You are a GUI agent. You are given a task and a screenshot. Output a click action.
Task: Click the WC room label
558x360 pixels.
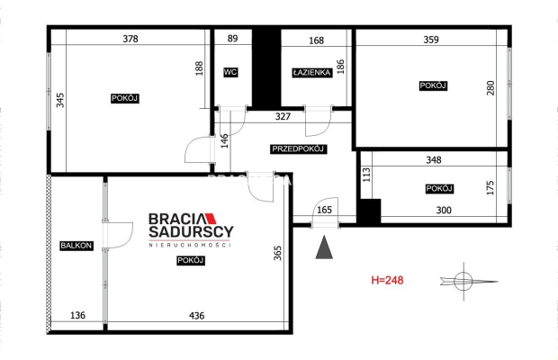coord(230,73)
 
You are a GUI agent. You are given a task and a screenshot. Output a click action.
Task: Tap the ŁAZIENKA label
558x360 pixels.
coord(312,73)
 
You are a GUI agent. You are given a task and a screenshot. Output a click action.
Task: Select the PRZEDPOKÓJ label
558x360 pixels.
coord(298,149)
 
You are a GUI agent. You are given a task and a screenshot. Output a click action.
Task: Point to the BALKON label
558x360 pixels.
coord(76,246)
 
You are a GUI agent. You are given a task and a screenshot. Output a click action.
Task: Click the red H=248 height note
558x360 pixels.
coord(387,280)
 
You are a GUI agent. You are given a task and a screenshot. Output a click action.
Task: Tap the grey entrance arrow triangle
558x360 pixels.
coord(324,247)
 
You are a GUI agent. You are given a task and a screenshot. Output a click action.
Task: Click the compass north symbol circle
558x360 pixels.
coord(463,282)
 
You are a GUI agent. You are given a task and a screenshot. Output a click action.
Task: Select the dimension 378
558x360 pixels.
coord(130,39)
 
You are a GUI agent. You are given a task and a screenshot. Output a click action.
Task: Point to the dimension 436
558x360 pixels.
coord(197,316)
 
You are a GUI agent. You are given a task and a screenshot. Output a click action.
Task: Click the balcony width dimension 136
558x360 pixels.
coord(77,315)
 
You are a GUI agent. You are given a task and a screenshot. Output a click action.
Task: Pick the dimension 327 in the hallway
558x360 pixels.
coord(283,116)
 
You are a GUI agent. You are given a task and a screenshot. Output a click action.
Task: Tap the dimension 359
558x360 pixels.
coord(431,40)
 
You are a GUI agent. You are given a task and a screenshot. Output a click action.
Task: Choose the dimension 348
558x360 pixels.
coord(434,160)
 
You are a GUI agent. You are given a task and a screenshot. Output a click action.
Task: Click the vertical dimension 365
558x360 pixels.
coord(277,253)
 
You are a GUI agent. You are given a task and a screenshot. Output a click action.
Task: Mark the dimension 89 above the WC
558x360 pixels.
coord(232,39)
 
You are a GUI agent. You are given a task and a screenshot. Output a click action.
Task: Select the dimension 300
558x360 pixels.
coord(444,211)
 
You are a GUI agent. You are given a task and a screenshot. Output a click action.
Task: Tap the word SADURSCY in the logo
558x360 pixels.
coord(191,231)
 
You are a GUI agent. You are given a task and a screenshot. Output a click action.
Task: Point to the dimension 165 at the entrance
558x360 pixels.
coord(324,210)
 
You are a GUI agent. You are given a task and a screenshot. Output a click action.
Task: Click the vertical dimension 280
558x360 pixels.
coord(490,88)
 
